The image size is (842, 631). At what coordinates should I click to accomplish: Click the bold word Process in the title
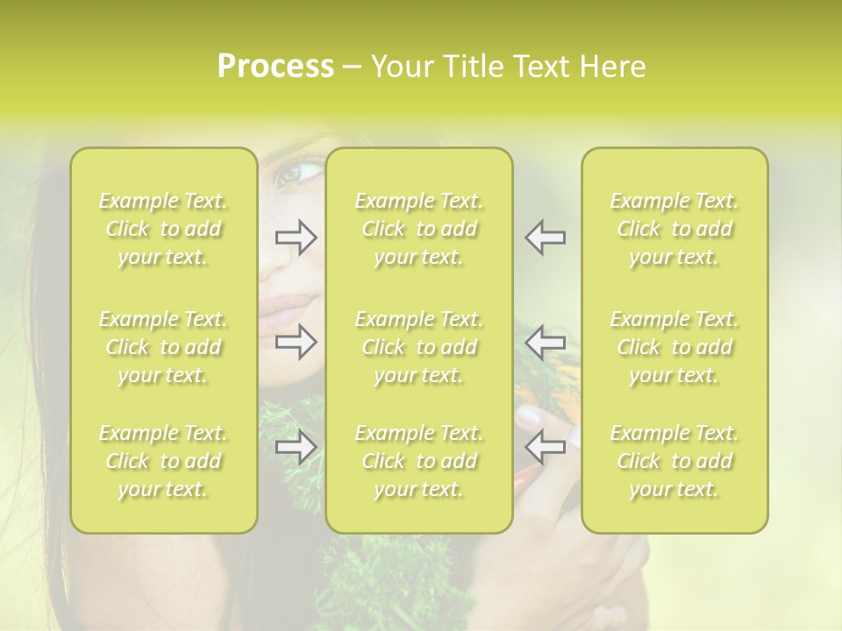(275, 67)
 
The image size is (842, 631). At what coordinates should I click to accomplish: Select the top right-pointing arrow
(296, 238)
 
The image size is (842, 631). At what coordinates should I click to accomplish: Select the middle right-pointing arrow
(296, 342)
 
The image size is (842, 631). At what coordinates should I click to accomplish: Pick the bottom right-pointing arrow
(296, 448)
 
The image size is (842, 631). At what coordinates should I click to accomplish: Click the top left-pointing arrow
(546, 238)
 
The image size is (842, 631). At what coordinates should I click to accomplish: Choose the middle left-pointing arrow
(546, 342)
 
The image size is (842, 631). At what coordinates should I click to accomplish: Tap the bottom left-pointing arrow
(546, 448)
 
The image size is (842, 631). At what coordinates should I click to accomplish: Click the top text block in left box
(163, 229)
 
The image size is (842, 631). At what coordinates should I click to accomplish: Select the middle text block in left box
(163, 347)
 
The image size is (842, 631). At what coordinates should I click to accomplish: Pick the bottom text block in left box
(163, 461)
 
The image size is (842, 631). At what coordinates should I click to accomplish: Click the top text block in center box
(419, 229)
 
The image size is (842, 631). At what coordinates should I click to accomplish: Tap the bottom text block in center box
(419, 461)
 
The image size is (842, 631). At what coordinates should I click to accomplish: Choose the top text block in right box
(674, 229)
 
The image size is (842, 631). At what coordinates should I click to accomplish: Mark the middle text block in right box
(674, 347)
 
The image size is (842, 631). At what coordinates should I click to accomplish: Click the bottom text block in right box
(674, 461)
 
